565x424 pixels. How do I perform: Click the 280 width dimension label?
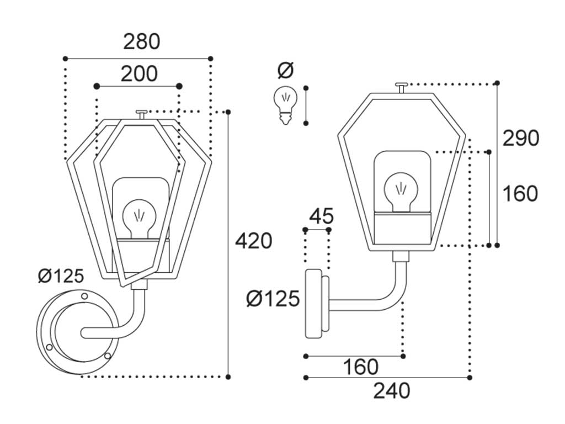(141, 42)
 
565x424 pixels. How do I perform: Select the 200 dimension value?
(139, 74)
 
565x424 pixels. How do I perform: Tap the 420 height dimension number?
(254, 241)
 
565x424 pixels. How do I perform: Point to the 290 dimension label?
(520, 139)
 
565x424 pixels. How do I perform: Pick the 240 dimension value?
(392, 391)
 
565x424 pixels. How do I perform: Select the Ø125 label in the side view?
(273, 299)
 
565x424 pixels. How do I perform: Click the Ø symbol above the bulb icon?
(286, 71)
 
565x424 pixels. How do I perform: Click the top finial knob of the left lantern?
(141, 114)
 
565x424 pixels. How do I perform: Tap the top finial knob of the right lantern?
(402, 86)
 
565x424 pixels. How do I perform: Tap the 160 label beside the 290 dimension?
(520, 194)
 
